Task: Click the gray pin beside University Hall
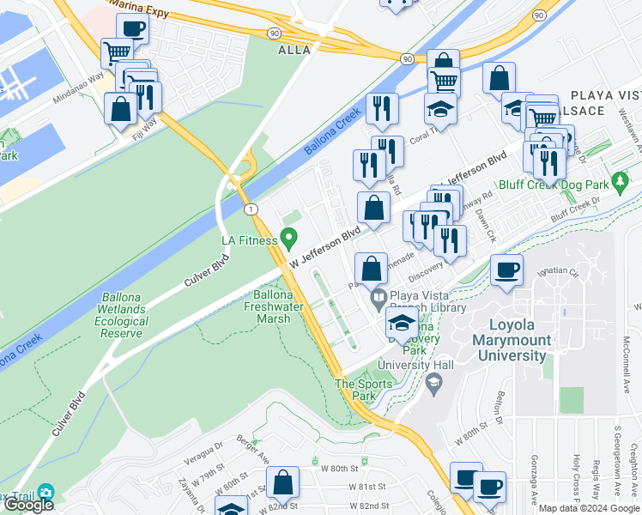[x=433, y=380]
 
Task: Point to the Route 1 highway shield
[x=249, y=209]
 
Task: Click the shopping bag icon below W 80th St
[x=282, y=485]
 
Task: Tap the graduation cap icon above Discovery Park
[x=401, y=324]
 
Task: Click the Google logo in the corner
[x=28, y=505]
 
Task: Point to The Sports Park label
[x=363, y=390]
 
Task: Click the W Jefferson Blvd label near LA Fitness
[x=324, y=245]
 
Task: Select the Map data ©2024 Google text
[x=589, y=508]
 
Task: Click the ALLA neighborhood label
[x=294, y=51]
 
